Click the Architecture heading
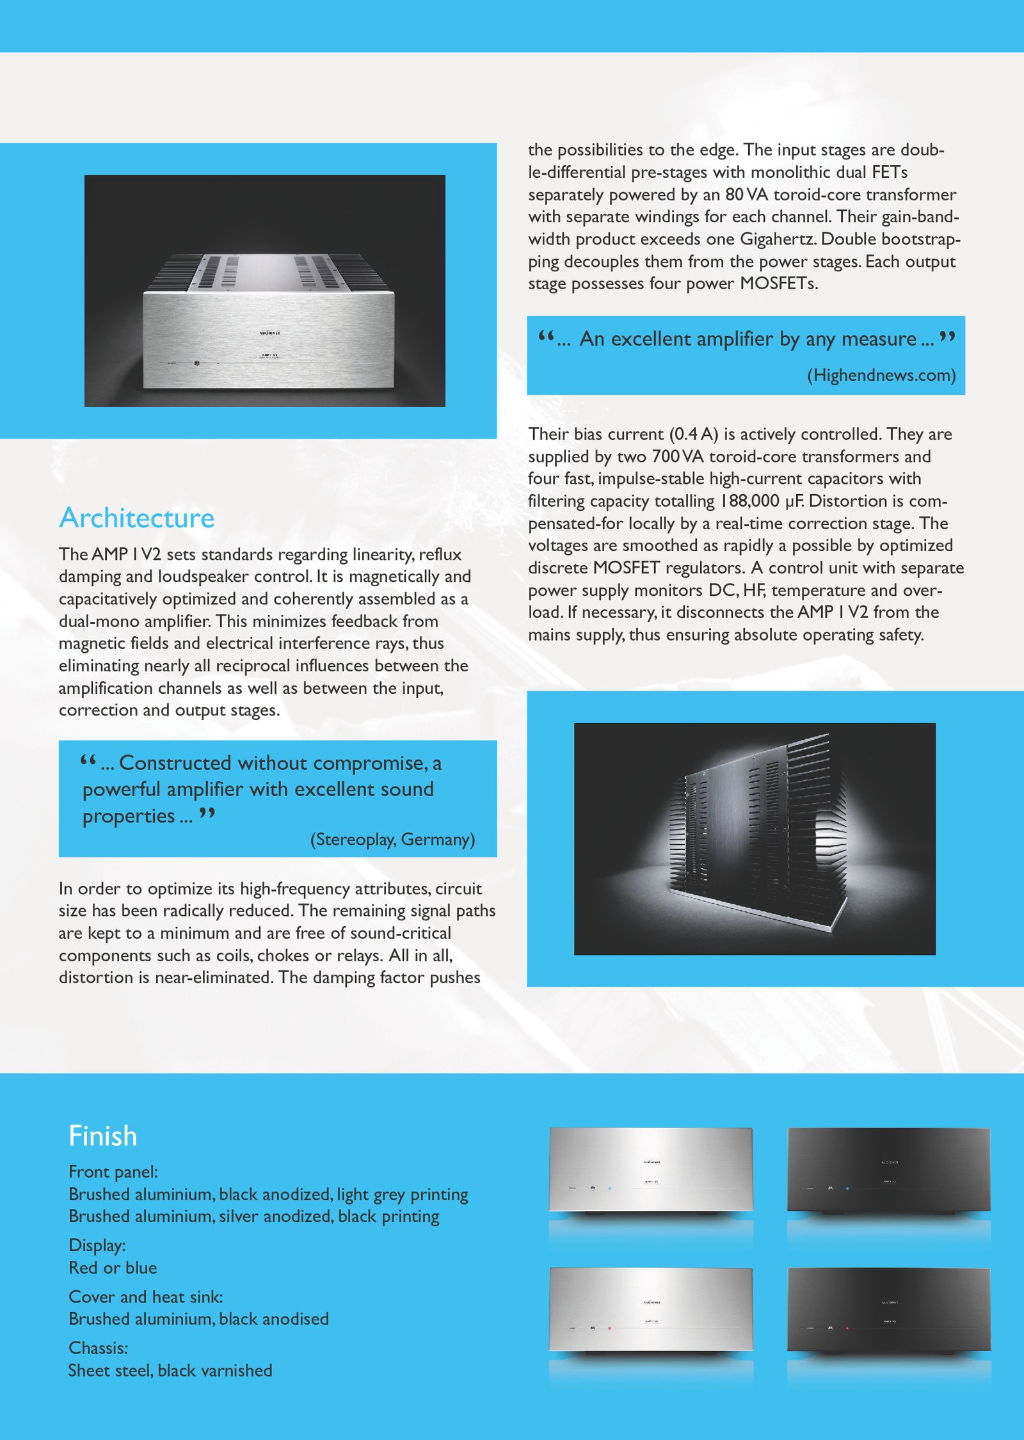click(136, 518)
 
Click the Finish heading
click(102, 1136)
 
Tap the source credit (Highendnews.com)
click(881, 375)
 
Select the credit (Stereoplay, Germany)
click(392, 839)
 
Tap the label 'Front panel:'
click(113, 1172)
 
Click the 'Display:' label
click(97, 1245)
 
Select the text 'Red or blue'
click(113, 1268)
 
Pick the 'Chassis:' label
click(98, 1348)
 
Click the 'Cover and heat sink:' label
click(146, 1297)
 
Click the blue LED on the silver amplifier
click(609, 1188)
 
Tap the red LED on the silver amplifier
click(609, 1328)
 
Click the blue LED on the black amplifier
click(847, 1188)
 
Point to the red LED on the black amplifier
click(847, 1329)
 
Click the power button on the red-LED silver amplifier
click(593, 1328)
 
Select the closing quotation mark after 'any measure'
click(948, 337)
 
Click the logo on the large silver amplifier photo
click(269, 333)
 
